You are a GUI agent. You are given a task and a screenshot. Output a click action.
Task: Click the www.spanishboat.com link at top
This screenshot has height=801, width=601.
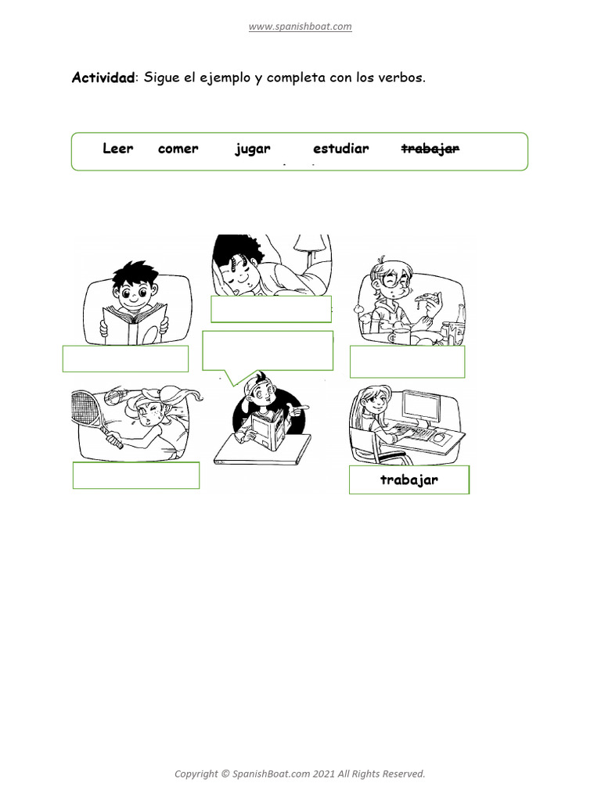300,27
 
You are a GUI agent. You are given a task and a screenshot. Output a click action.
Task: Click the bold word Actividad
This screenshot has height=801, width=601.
103,77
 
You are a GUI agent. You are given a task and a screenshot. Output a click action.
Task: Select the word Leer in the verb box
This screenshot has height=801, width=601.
118,149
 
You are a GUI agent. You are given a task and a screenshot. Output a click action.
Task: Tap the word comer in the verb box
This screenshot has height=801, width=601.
178,149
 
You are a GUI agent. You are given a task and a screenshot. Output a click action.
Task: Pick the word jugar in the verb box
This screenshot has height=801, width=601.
252,149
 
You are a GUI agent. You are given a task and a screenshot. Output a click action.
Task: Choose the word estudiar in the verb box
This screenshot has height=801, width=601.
340,149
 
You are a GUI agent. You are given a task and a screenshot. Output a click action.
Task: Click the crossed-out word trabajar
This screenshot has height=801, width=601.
430,149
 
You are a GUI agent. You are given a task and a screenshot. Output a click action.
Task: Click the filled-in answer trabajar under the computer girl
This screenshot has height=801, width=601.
408,480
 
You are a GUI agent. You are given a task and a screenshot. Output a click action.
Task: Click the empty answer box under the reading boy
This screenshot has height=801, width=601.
125,358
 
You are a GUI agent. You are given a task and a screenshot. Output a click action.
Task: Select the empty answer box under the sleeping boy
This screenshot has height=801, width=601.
271,309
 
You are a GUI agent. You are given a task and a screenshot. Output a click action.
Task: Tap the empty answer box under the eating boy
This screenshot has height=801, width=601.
407,361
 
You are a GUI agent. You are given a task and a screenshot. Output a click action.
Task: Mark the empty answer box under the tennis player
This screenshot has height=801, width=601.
135,475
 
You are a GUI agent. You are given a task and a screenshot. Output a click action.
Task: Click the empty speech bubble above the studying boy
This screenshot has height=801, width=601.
267,349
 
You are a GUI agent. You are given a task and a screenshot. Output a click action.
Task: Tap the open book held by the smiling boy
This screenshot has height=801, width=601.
135,325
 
